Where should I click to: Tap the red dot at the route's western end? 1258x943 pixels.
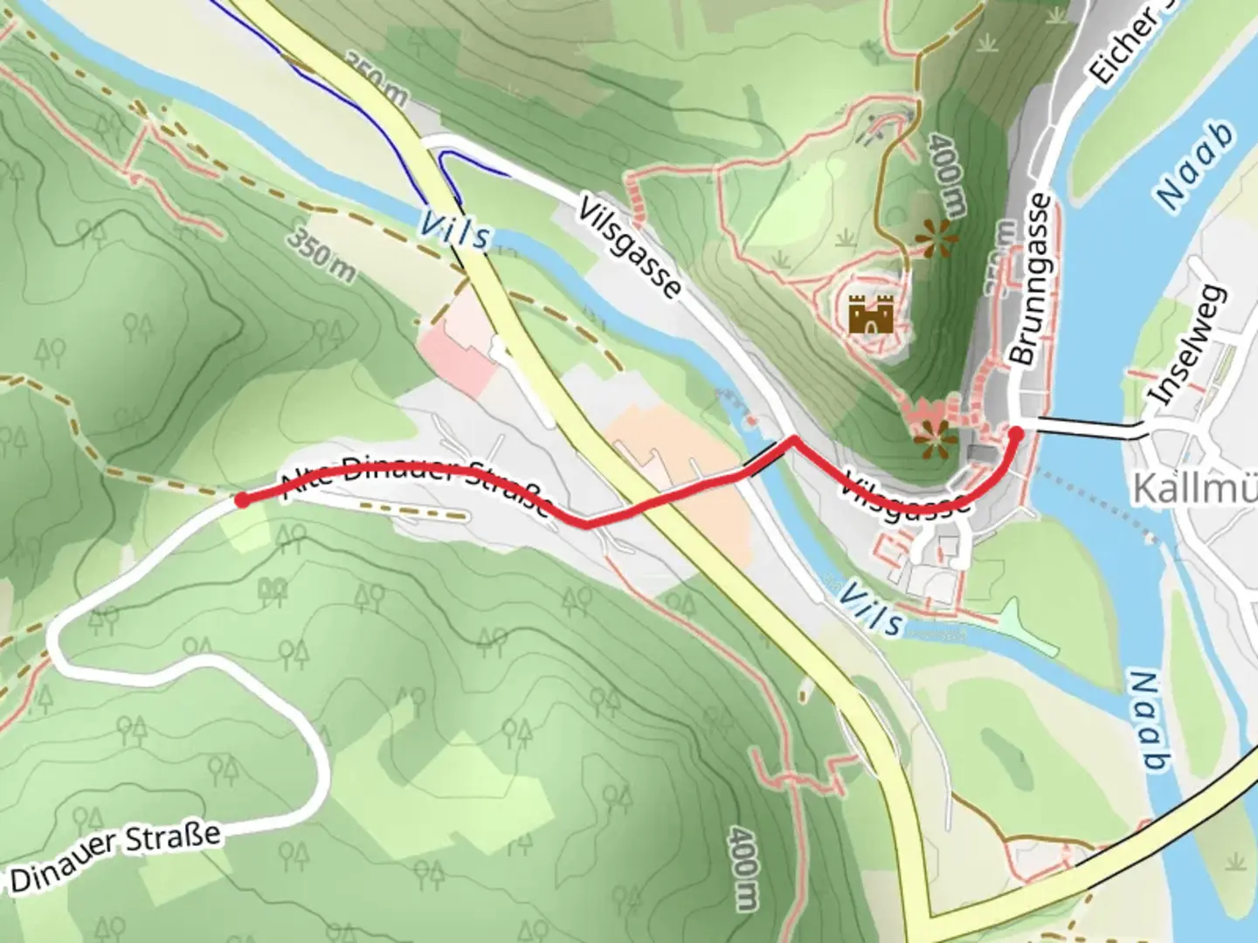[241, 499]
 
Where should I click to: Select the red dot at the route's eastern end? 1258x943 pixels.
[1015, 432]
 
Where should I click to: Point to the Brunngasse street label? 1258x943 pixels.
[1031, 279]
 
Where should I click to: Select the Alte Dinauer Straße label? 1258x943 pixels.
[415, 485]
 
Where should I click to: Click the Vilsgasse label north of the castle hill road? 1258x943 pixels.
[629, 248]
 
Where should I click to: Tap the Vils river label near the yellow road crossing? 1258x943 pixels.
[454, 231]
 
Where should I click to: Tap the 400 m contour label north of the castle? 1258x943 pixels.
[948, 175]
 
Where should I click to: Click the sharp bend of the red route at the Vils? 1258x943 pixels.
[793, 439]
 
